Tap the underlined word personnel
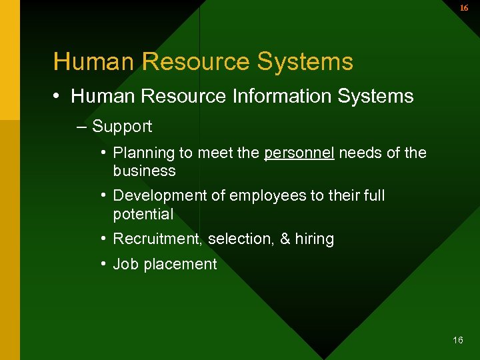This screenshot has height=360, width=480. (299, 153)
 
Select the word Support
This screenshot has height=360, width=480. (122, 127)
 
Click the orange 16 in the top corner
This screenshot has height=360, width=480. (464, 8)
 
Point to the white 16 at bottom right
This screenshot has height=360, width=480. (457, 340)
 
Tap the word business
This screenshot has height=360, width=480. (144, 171)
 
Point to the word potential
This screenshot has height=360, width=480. (143, 214)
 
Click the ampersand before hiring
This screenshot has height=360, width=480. (285, 239)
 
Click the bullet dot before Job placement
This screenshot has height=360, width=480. (105, 263)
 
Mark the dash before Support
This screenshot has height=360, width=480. (81, 127)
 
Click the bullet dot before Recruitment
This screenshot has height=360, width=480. (105, 238)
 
